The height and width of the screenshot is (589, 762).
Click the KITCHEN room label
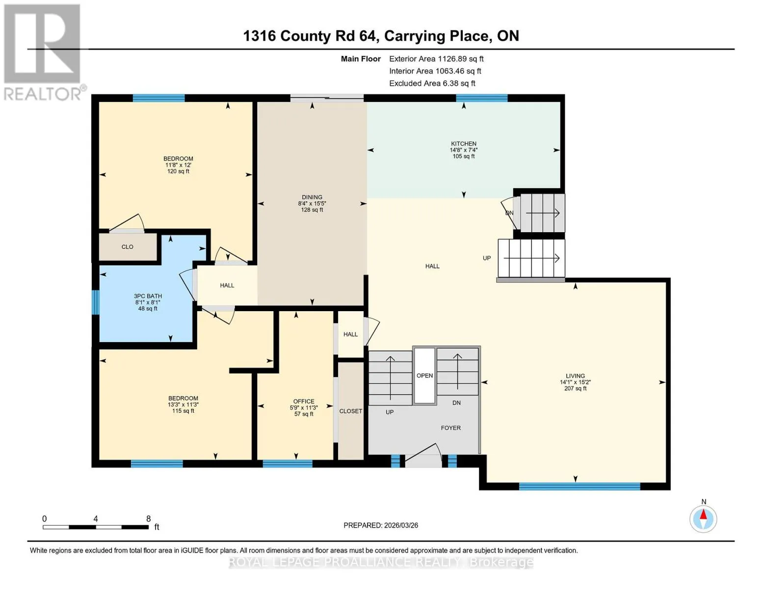(x=463, y=143)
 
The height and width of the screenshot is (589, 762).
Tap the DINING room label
(x=312, y=197)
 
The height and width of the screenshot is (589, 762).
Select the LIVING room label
(x=575, y=375)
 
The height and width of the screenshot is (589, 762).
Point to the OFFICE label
(x=304, y=402)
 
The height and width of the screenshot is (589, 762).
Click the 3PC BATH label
(x=148, y=296)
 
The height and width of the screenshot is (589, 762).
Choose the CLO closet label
(x=127, y=247)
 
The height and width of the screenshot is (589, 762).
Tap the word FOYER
(x=450, y=428)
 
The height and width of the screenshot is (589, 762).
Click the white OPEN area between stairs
(x=424, y=375)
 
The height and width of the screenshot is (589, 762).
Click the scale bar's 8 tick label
(x=148, y=519)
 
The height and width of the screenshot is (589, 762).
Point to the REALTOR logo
(x=44, y=53)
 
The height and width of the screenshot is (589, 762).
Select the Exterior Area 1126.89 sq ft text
(x=436, y=59)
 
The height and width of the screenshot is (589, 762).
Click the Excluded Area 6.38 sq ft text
(x=432, y=83)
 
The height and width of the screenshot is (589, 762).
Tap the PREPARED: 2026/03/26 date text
(x=381, y=525)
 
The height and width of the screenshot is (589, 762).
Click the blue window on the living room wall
(x=579, y=486)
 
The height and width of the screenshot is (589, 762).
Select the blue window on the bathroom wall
(x=95, y=302)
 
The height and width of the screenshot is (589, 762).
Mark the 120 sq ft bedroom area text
(x=178, y=171)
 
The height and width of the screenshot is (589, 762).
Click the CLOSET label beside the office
(x=350, y=411)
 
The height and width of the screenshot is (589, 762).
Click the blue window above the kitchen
(x=482, y=98)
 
